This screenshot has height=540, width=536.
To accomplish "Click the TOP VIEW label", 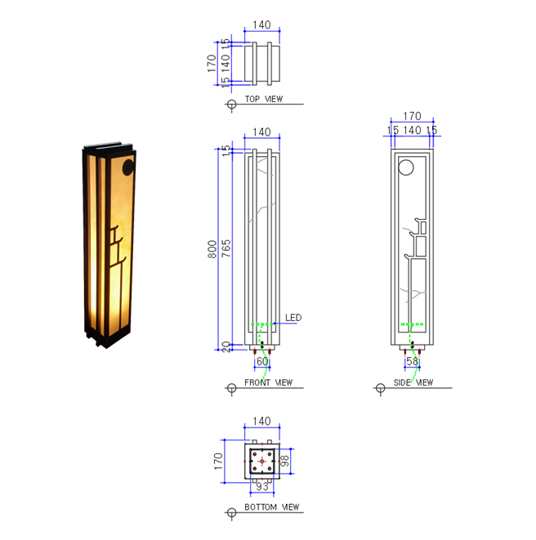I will pyautogui.click(x=263, y=99).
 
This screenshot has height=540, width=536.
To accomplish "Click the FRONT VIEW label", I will pyautogui.click(x=268, y=382).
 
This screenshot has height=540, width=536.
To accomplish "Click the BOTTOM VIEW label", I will pyautogui.click(x=273, y=507).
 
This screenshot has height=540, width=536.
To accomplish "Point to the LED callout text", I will pyautogui.click(x=293, y=317).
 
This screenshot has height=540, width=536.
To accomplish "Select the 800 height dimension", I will pyautogui.click(x=212, y=248).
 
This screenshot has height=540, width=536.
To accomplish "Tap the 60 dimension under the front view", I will pyautogui.click(x=262, y=361).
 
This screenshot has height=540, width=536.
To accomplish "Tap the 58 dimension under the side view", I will pyautogui.click(x=412, y=361).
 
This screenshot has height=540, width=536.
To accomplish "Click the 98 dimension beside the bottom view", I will pyautogui.click(x=285, y=462).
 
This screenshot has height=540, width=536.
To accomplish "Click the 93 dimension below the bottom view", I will pyautogui.click(x=262, y=486).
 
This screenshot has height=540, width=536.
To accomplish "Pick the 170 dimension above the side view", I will pyautogui.click(x=412, y=117).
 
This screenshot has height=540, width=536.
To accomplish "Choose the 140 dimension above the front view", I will pyautogui.click(x=261, y=132).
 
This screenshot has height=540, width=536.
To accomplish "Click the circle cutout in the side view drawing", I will pyautogui.click(x=406, y=169).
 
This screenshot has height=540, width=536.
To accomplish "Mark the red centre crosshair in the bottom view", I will pyautogui.click(x=261, y=462).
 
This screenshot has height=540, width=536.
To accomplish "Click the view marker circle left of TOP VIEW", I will pyautogui.click(x=231, y=104).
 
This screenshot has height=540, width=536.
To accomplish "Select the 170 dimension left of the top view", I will pyautogui.click(x=212, y=62).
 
